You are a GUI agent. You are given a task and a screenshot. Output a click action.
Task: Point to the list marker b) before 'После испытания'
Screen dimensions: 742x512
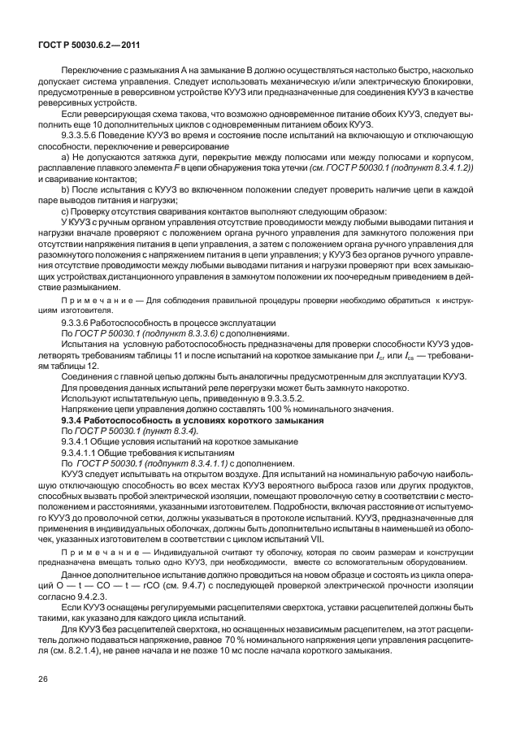click(66, 188)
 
